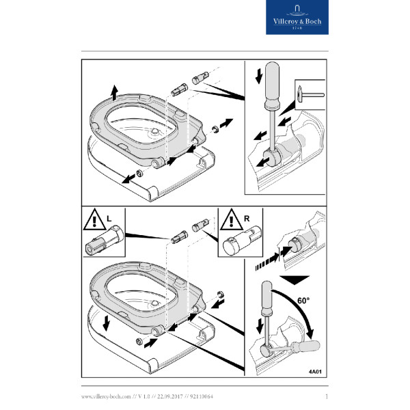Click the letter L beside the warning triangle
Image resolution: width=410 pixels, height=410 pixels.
pyautogui.click(x=109, y=219)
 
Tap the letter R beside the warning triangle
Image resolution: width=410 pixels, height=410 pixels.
pyautogui.click(x=247, y=219)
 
